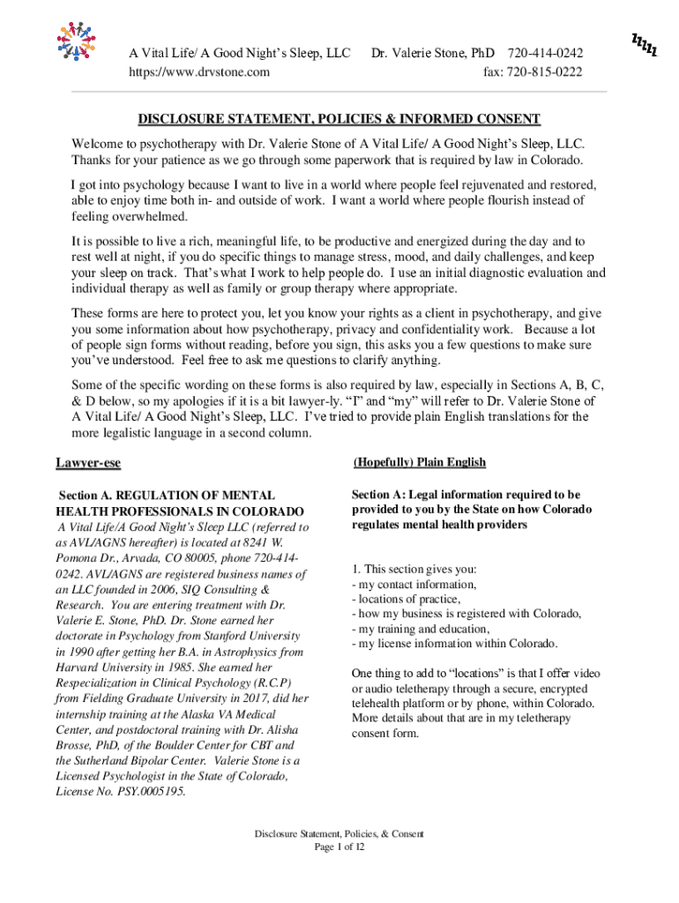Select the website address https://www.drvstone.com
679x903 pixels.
pos(200,72)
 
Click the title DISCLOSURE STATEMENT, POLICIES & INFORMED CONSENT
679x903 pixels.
pos(339,119)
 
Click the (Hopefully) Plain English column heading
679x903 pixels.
pos(419,462)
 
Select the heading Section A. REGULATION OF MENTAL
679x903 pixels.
pos(167,496)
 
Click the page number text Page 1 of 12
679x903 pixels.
pos(339,847)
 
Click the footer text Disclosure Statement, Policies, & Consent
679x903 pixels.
pos(339,834)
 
